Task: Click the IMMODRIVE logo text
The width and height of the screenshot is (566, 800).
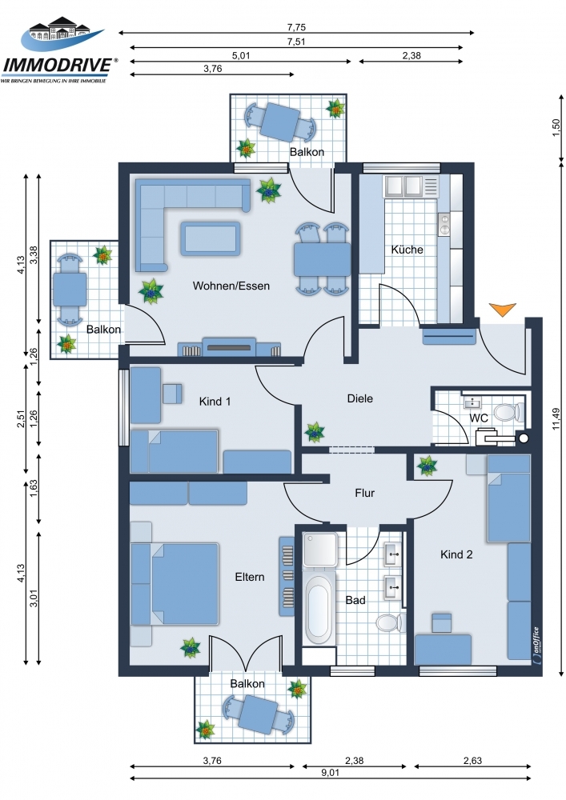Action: [58, 65]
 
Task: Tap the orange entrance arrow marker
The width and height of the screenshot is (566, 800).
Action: [502, 309]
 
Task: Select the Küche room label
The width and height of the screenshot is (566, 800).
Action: [407, 250]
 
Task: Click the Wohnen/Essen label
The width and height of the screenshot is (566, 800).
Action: [231, 286]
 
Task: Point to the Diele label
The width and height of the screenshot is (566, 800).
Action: [359, 398]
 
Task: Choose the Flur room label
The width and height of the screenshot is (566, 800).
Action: [364, 493]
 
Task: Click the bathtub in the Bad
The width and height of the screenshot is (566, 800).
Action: [319, 609]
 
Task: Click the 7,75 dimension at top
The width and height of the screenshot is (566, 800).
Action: [296, 27]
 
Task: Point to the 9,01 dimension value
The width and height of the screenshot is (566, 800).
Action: [330, 773]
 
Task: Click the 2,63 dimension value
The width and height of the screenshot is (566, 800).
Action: [472, 760]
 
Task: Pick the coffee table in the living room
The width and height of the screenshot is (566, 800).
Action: [210, 238]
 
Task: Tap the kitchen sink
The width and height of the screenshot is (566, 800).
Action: [403, 186]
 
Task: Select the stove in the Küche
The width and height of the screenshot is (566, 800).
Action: [444, 224]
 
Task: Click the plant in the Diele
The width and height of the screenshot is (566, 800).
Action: [315, 432]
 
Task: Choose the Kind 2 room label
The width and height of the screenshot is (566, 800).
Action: [456, 554]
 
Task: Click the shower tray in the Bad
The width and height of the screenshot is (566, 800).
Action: [320, 549]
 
